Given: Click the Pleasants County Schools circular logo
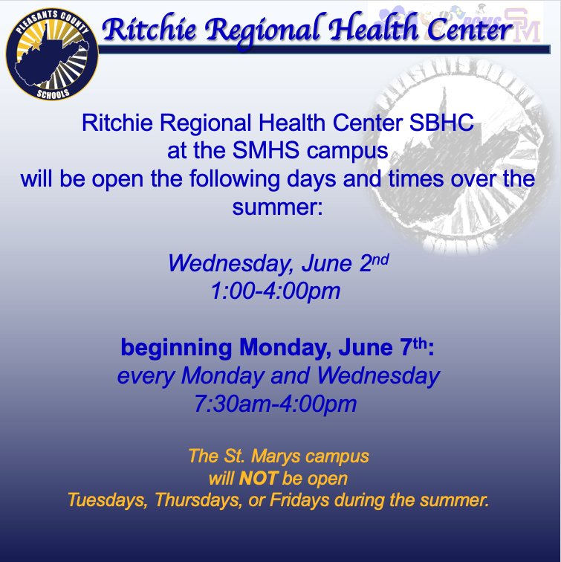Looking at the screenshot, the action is [x=52, y=54].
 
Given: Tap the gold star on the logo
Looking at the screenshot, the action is [x=36, y=44].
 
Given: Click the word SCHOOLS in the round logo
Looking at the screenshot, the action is [x=53, y=94].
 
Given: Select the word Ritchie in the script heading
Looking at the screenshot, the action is [x=149, y=30].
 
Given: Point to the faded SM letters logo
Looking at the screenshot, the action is [x=523, y=25].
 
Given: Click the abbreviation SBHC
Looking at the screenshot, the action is [x=441, y=123].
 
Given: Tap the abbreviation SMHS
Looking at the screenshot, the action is [x=266, y=150].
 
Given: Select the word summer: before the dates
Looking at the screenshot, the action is [x=278, y=207].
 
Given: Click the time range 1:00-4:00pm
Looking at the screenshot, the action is [x=275, y=291].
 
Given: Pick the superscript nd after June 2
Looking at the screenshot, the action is [x=380, y=259].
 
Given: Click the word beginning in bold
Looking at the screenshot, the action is [x=176, y=348].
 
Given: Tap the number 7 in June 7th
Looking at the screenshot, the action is [x=406, y=347].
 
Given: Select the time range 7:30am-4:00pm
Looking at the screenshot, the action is [x=275, y=404].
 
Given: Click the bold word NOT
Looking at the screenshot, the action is [x=259, y=478].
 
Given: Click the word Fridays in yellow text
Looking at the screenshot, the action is [x=299, y=500].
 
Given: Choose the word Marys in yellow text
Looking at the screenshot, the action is [x=276, y=457].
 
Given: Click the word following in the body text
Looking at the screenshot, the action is [x=234, y=179].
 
